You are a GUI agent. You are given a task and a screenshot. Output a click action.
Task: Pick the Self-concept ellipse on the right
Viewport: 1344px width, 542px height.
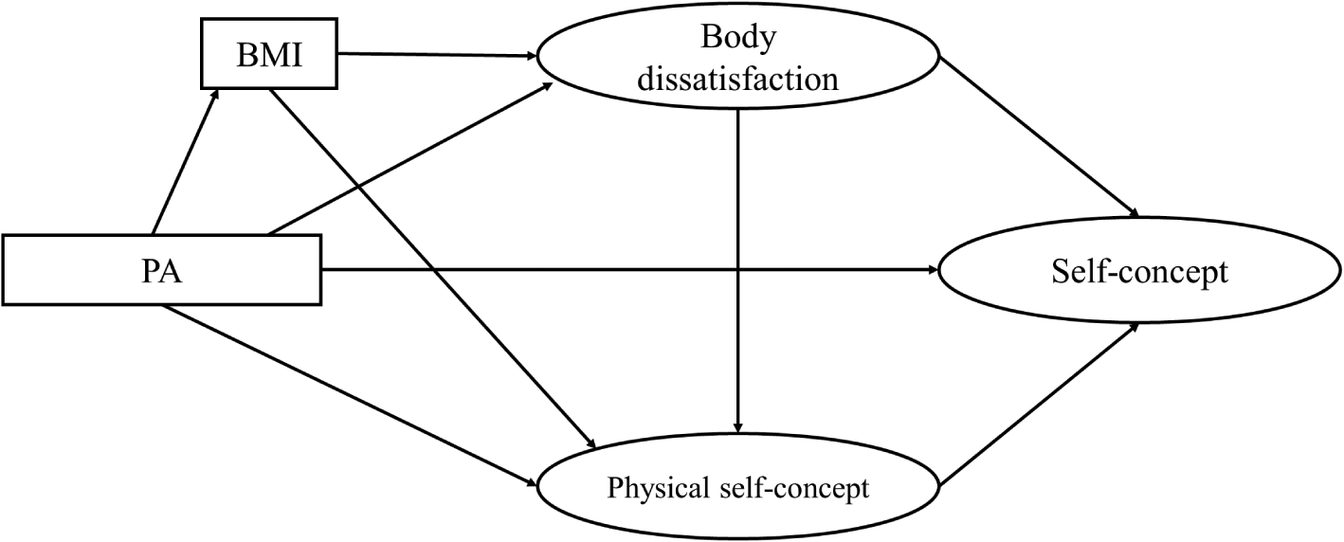1138,273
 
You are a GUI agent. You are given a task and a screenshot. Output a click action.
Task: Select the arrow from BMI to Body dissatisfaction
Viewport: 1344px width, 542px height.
436,54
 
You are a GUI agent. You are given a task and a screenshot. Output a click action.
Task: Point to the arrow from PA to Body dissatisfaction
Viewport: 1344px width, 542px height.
408,159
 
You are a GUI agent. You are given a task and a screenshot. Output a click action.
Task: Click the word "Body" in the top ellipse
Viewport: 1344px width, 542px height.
737,38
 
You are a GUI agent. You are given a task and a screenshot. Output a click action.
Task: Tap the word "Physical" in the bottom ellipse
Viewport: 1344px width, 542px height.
650,490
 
